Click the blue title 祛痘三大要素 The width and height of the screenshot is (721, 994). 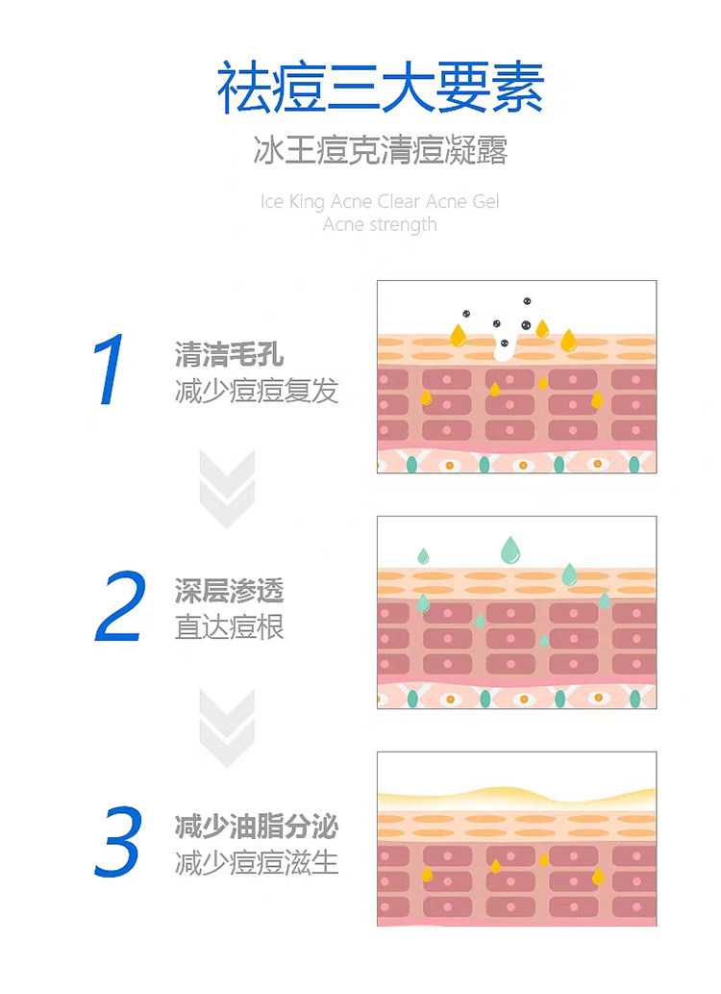381,88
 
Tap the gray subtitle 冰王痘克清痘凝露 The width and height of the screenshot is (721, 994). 381,151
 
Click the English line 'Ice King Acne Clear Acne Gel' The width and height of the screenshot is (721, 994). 381,202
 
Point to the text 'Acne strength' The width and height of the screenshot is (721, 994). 381,225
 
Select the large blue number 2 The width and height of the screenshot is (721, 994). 120,607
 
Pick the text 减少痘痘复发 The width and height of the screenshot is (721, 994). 257,392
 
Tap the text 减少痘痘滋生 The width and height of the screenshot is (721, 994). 257,862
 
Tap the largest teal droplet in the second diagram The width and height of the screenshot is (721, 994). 510,549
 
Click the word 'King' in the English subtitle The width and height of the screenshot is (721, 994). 309,202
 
